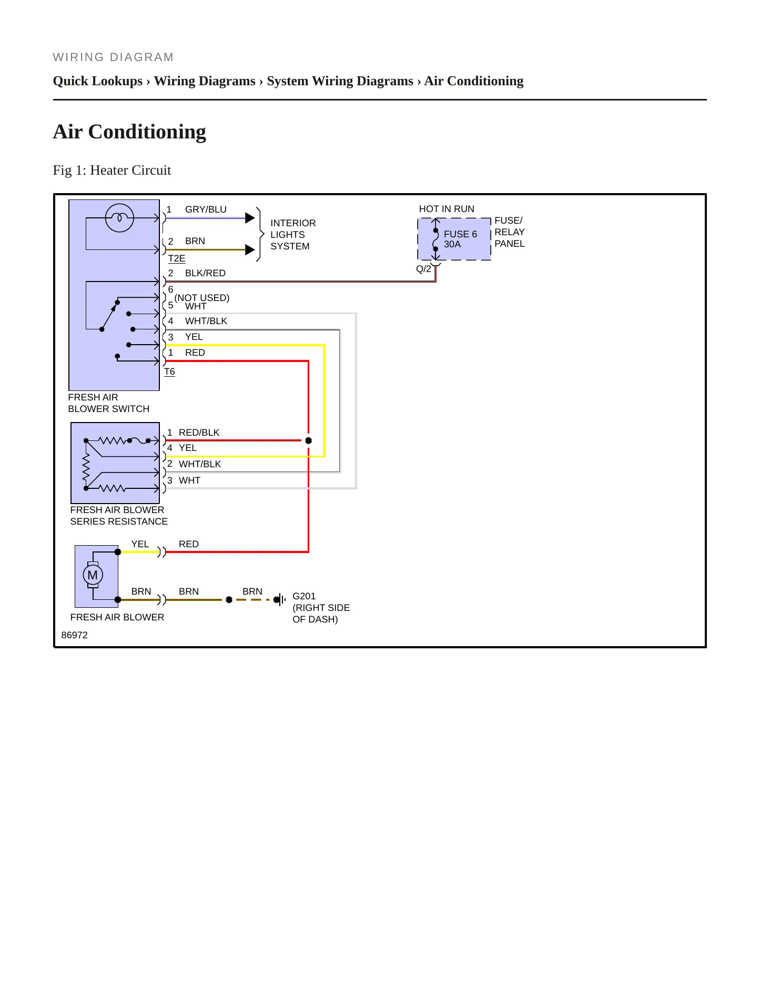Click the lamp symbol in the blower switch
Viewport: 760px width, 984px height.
click(119, 218)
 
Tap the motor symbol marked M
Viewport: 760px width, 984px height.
click(93, 575)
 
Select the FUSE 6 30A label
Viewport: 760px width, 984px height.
click(460, 239)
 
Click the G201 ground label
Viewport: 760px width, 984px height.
click(304, 596)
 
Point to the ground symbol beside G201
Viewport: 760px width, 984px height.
click(280, 599)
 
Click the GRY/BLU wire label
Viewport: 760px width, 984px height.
click(206, 209)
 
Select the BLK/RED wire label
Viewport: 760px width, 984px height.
click(205, 273)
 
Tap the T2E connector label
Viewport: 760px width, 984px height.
click(177, 258)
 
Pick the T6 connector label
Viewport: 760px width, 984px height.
click(169, 371)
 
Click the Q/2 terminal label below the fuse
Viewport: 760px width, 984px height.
click(423, 269)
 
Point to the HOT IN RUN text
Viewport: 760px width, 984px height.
click(447, 209)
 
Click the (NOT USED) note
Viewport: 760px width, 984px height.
click(202, 297)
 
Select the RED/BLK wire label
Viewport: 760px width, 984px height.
click(199, 433)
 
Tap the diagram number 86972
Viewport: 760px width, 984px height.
click(75, 635)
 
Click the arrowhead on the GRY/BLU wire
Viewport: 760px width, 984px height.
click(250, 218)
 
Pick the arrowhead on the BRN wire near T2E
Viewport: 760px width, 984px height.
click(250, 249)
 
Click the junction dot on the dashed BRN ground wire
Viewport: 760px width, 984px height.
click(229, 599)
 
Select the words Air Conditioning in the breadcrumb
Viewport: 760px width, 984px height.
click(474, 81)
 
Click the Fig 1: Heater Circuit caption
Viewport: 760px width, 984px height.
click(112, 170)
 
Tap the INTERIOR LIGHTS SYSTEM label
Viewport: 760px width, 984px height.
click(293, 235)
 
